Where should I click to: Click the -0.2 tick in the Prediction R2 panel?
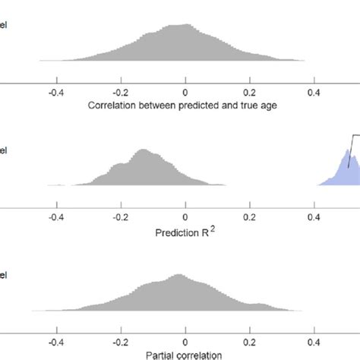tap(120, 216)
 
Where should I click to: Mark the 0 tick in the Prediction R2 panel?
tap(185, 216)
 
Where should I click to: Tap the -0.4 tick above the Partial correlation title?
tap(55, 341)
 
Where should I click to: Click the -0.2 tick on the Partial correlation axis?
tap(120, 341)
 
